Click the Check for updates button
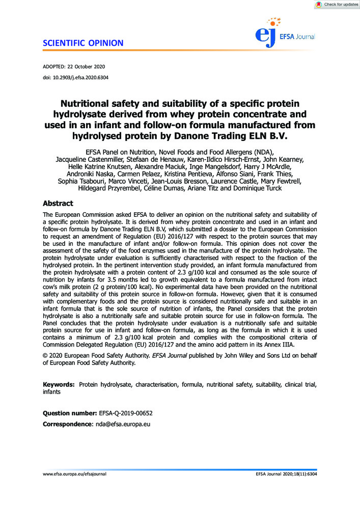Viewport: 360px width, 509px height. click(x=336, y=5)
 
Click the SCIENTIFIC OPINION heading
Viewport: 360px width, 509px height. click(x=83, y=43)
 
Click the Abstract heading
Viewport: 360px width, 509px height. click(x=58, y=203)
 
